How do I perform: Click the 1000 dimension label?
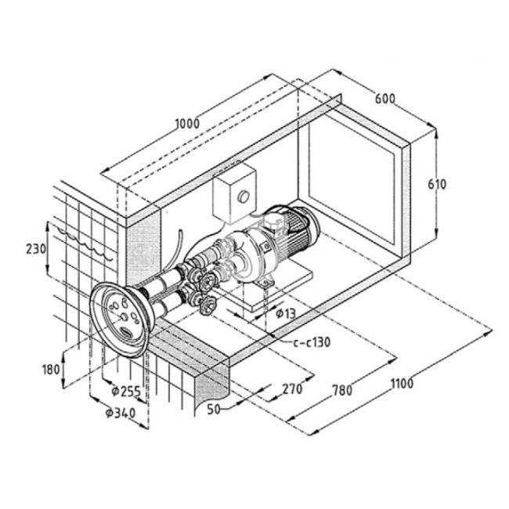tap(187, 124)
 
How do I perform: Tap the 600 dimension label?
tap(385, 99)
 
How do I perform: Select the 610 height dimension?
tap(437, 184)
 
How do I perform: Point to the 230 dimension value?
tap(36, 249)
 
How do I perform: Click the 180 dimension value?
tap(51, 370)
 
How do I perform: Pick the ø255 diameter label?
tap(126, 391)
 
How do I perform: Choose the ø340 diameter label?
tap(121, 413)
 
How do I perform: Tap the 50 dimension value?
tap(214, 410)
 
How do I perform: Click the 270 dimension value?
tap(292, 389)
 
